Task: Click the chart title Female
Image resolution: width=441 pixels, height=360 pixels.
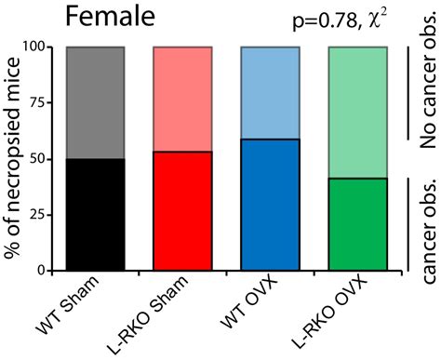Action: pyautogui.click(x=105, y=17)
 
